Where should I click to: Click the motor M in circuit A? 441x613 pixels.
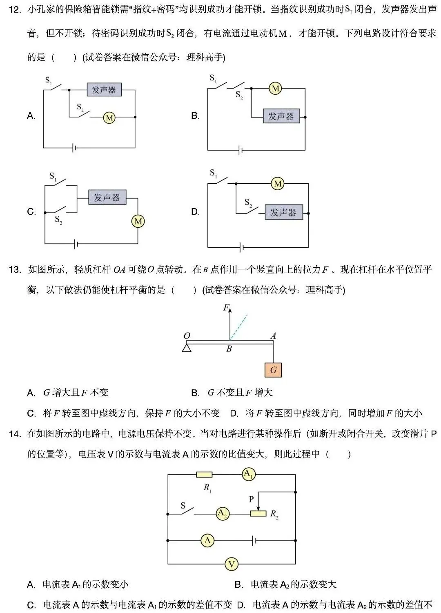click(x=109, y=118)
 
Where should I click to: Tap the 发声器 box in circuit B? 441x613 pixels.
click(x=281, y=116)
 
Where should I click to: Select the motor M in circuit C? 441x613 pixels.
click(x=138, y=221)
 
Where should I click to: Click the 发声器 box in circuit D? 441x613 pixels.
click(x=283, y=212)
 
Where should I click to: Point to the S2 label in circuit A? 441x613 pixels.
click(x=80, y=107)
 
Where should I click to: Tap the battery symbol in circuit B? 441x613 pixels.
click(x=241, y=150)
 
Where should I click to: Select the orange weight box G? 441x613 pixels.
click(x=273, y=370)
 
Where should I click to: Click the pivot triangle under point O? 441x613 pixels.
click(x=187, y=348)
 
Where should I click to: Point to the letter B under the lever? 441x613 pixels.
click(x=229, y=349)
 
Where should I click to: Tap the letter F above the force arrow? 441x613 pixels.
click(x=226, y=308)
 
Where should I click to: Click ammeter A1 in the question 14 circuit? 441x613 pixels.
click(x=248, y=474)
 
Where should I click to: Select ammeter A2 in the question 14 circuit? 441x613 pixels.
click(x=223, y=513)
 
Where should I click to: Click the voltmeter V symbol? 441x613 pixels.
click(x=231, y=564)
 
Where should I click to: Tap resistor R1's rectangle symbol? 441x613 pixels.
click(x=204, y=475)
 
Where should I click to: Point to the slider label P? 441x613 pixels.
click(x=252, y=499)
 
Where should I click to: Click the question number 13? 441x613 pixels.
click(x=15, y=270)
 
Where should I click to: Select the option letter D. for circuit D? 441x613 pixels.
click(x=195, y=212)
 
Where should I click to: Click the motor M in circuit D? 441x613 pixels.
click(x=278, y=184)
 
